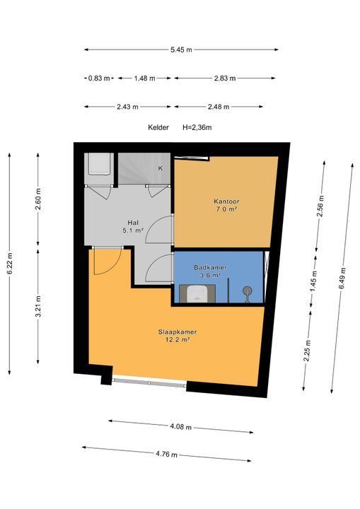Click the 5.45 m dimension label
click(181, 49)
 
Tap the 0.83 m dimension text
click(99, 78)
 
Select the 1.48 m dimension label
click(144, 78)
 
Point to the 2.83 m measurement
click(225, 78)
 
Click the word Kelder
click(158, 127)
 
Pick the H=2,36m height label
click(197, 127)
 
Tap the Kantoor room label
click(226, 201)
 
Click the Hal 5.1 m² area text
click(133, 227)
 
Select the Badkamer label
click(210, 267)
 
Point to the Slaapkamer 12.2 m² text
click(178, 336)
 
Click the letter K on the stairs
click(160, 168)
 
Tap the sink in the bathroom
click(197, 293)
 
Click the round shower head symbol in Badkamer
click(248, 291)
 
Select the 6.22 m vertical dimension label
click(10, 263)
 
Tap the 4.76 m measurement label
click(166, 454)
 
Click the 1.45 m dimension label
click(314, 281)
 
